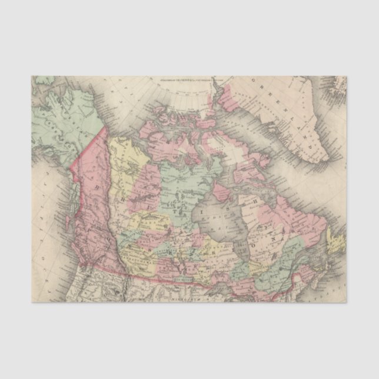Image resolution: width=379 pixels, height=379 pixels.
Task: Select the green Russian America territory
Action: coord(65,118)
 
